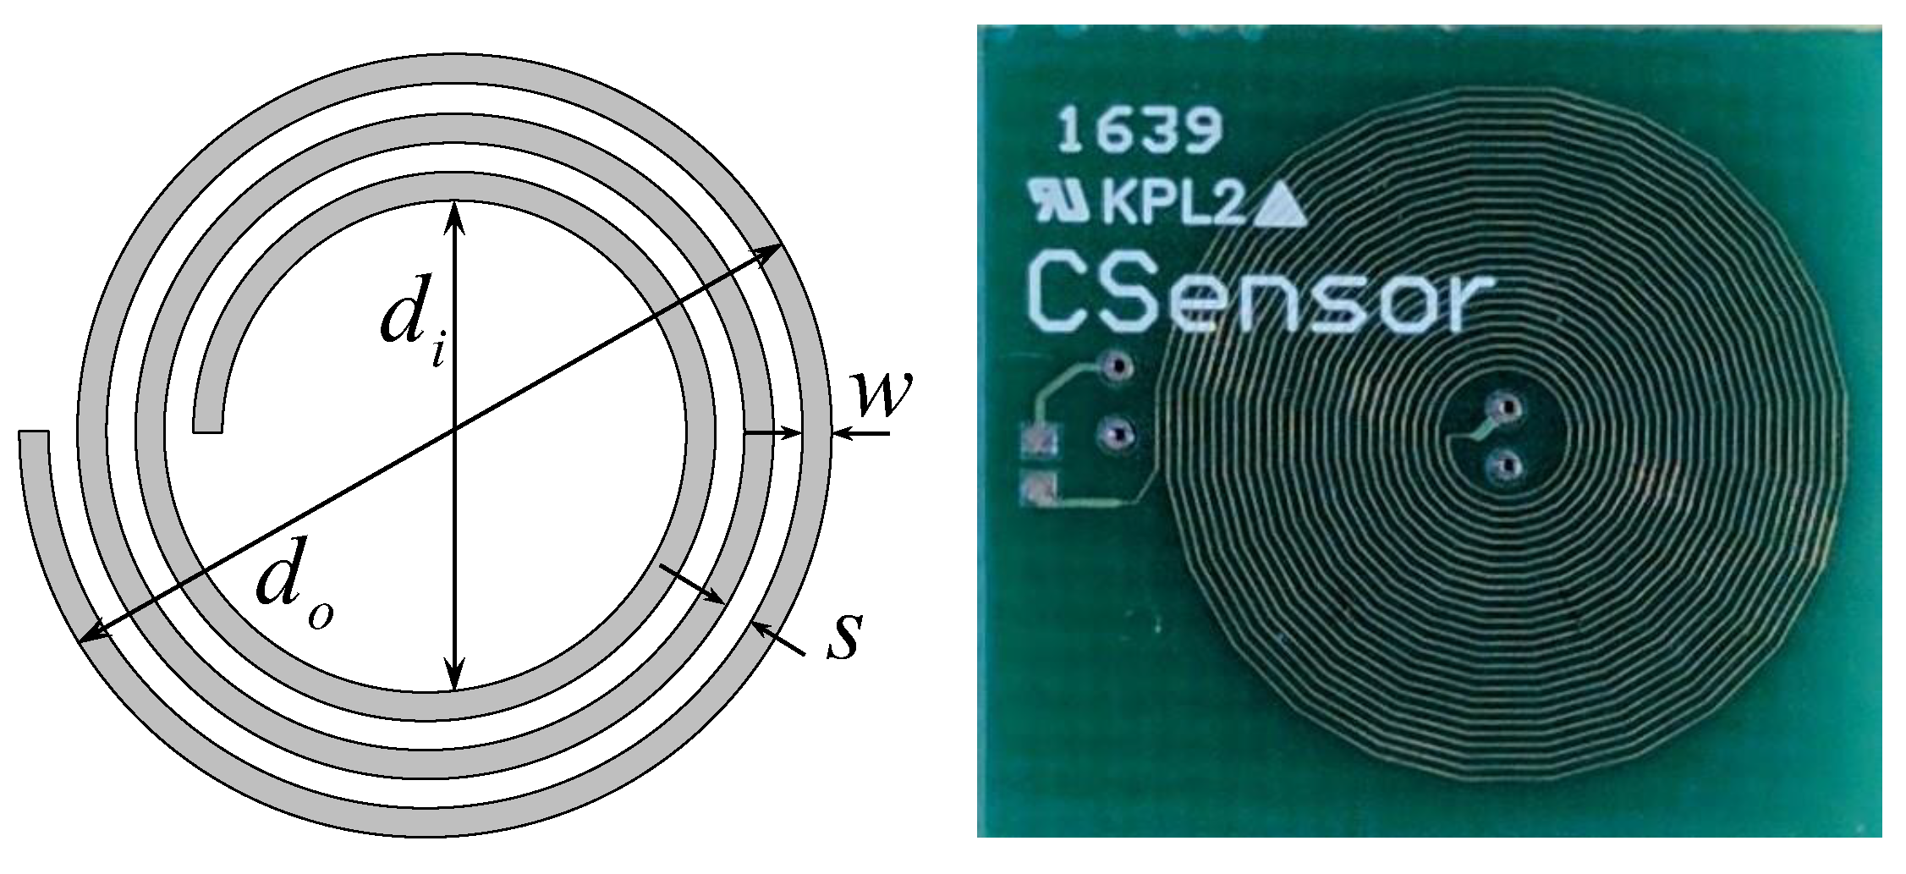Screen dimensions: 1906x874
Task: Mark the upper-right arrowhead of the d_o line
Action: point(770,250)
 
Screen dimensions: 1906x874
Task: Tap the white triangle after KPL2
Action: point(1281,206)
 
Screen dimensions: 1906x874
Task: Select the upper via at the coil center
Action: point(1507,410)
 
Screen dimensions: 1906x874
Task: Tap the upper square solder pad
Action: point(1039,442)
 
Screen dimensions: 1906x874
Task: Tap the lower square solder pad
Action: point(1039,489)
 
